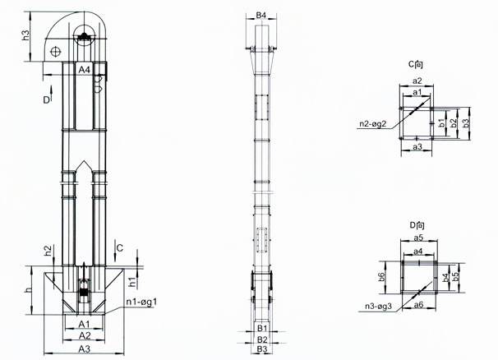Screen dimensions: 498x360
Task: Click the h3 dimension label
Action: pyautogui.click(x=26, y=35)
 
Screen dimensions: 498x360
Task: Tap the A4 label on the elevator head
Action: pyautogui.click(x=85, y=70)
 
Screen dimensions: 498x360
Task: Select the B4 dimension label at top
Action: pyautogui.click(x=261, y=16)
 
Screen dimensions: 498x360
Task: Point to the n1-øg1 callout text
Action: pyautogui.click(x=141, y=302)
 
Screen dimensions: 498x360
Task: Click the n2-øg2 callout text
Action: pyautogui.click(x=373, y=123)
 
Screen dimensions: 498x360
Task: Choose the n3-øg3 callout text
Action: pyautogui.click(x=378, y=307)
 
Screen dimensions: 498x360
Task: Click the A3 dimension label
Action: pyautogui.click(x=85, y=348)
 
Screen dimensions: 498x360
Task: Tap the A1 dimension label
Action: pyautogui.click(x=85, y=324)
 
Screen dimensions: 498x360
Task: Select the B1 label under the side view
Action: pyautogui.click(x=262, y=328)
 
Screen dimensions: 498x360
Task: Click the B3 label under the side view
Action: pyautogui.click(x=262, y=348)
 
